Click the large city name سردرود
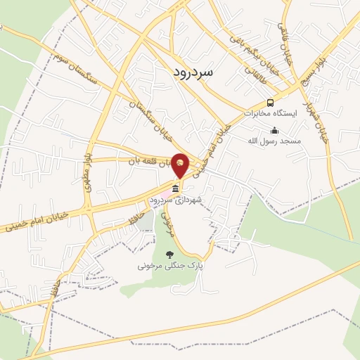196,72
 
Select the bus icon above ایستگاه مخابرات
271,103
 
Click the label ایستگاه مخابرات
271,113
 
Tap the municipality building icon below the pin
174,188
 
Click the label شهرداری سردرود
175,200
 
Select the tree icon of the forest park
168,255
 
